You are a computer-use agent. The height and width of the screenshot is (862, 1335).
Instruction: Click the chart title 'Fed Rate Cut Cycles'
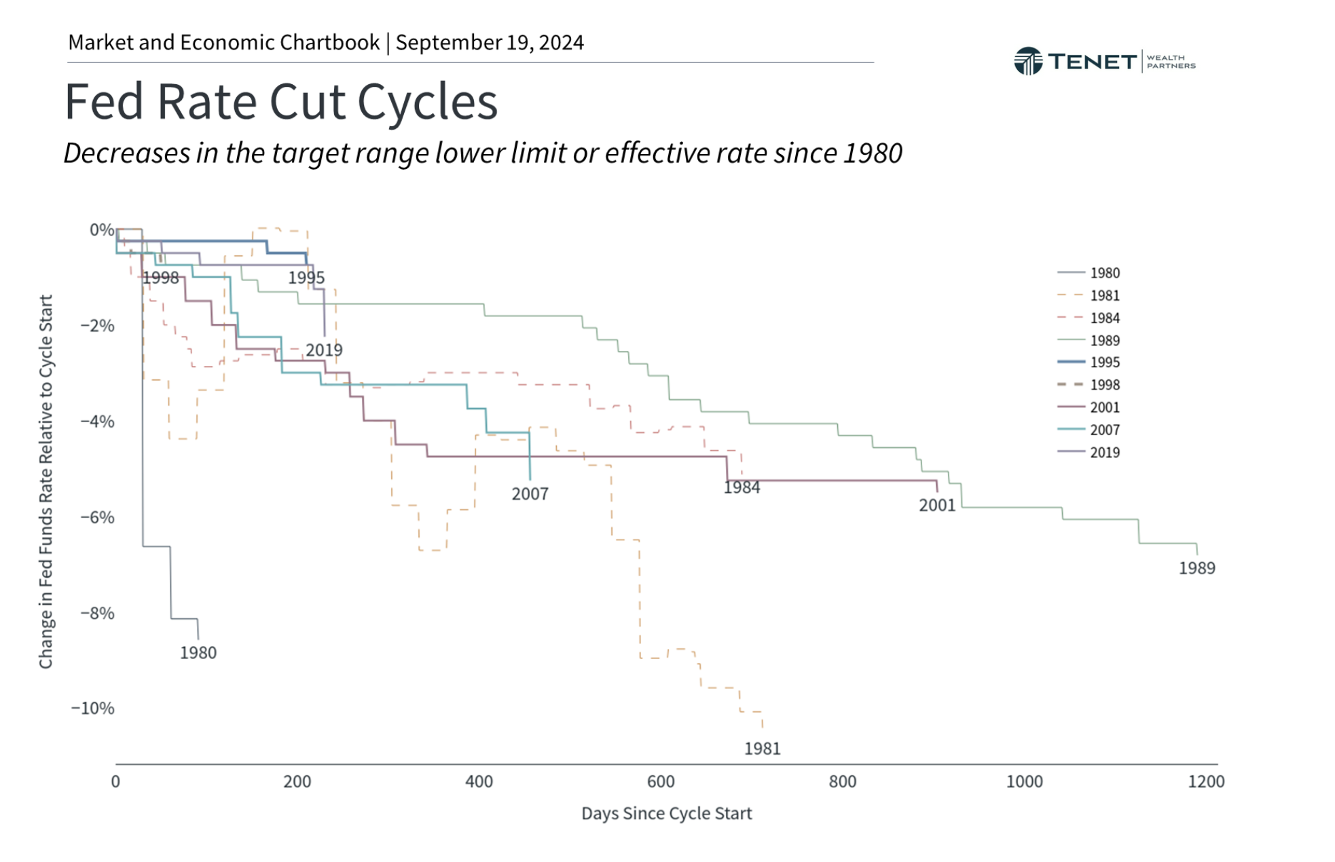click(280, 102)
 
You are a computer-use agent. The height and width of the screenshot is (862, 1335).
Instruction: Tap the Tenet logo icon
click(1027, 61)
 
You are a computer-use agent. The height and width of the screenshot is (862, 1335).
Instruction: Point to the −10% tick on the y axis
click(93, 708)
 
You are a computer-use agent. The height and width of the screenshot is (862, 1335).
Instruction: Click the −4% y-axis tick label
click(97, 421)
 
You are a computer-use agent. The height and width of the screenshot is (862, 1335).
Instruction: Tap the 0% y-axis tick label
click(102, 229)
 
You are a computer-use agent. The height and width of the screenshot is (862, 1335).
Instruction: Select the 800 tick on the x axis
click(842, 781)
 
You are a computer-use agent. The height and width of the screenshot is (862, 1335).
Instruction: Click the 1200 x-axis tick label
click(1205, 781)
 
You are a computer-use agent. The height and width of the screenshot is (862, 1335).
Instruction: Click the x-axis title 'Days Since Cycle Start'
click(666, 813)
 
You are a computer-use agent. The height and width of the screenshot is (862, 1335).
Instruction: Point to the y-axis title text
click(45, 481)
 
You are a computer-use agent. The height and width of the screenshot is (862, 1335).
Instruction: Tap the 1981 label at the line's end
click(762, 748)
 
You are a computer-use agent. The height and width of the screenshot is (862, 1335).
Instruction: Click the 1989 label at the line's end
click(1196, 568)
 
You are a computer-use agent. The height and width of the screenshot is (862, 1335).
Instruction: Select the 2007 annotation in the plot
click(530, 493)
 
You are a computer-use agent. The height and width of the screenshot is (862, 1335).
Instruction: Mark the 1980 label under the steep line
click(198, 652)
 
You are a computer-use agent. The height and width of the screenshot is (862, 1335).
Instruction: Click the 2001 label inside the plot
click(936, 505)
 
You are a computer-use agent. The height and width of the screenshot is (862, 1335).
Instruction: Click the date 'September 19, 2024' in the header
click(489, 42)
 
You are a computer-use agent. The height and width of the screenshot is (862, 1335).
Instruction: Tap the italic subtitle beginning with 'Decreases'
click(482, 153)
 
